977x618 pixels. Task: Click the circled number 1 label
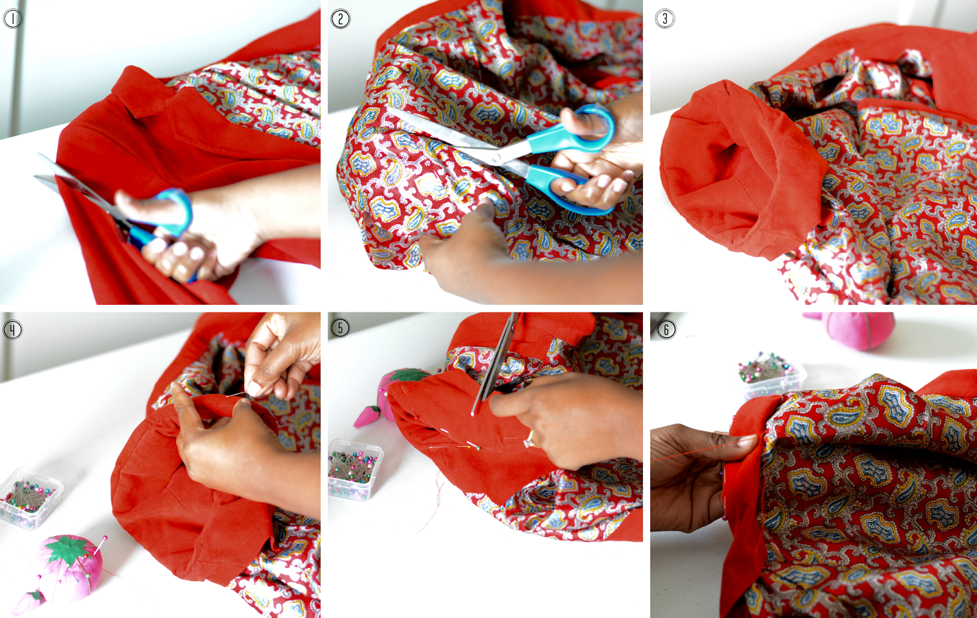pyautogui.click(x=12, y=19)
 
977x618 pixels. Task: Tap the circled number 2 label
pyautogui.click(x=340, y=19)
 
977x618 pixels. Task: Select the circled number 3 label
pyautogui.click(x=665, y=19)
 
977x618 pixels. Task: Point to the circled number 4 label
pyautogui.click(x=12, y=330)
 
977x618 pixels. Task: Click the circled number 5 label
pyautogui.click(x=340, y=327)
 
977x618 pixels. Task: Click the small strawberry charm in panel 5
pyautogui.click(x=366, y=416)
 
